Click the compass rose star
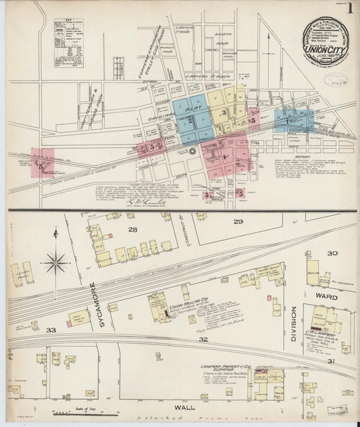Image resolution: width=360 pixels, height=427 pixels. click(55, 261)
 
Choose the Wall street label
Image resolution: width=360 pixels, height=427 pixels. click(184, 407)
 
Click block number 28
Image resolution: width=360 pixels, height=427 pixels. click(132, 231)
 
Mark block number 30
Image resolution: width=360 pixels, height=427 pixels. click(332, 253)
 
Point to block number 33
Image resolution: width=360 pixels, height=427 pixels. click(51, 330)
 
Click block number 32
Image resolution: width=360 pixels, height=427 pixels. click(203, 340)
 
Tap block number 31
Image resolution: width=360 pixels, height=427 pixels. click(331, 362)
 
